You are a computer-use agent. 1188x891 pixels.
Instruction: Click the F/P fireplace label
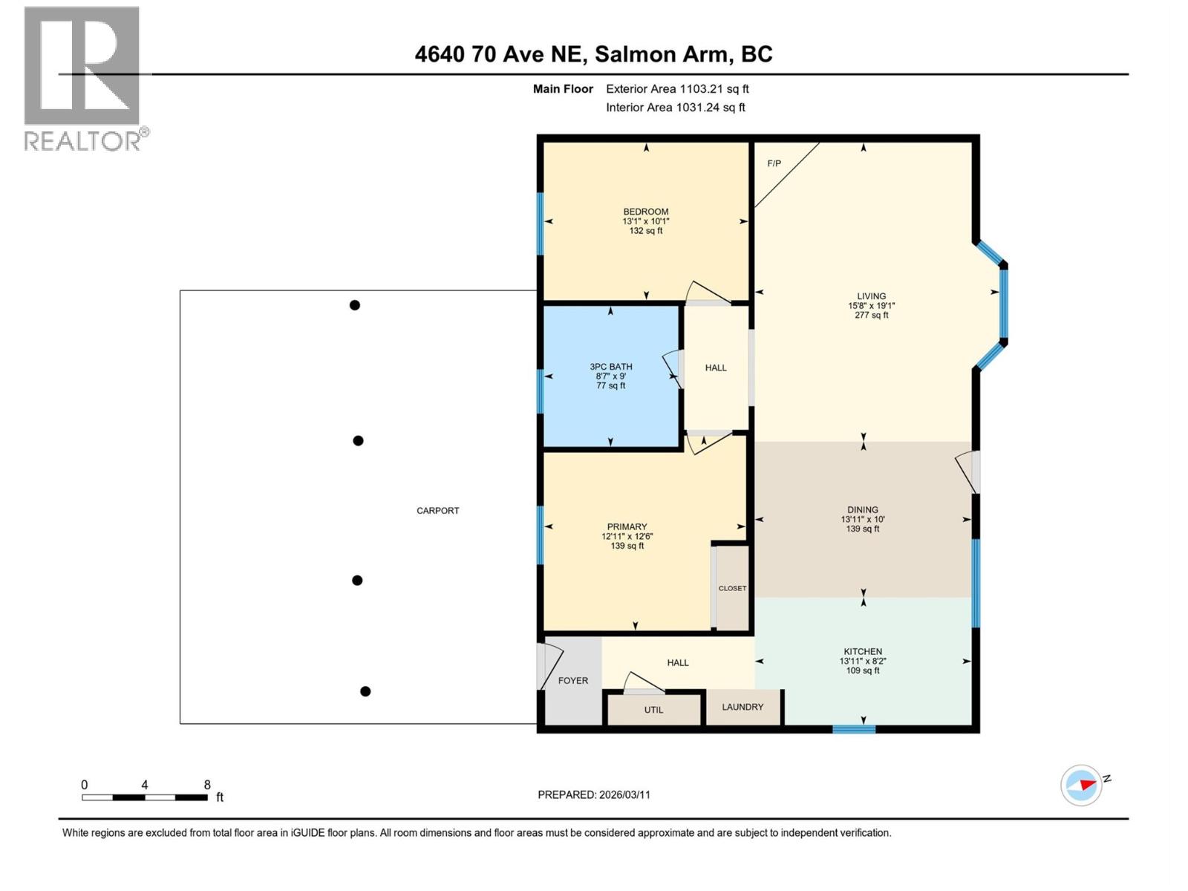(x=774, y=163)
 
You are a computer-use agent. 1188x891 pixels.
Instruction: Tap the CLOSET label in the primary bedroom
(x=732, y=588)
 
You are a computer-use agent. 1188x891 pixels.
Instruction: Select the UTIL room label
(x=653, y=710)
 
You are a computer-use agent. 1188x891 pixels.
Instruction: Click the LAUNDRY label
(x=742, y=707)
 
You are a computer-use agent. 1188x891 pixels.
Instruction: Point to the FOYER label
(x=572, y=680)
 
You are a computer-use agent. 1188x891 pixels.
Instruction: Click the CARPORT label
(x=437, y=511)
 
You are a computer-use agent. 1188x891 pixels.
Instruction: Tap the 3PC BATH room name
(x=611, y=367)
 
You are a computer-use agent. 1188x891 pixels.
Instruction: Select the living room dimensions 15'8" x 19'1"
(x=871, y=306)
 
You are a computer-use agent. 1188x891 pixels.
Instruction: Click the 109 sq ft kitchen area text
(x=863, y=670)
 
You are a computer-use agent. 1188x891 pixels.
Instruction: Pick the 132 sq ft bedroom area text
(x=646, y=231)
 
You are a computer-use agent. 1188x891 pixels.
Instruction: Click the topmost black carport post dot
(x=355, y=305)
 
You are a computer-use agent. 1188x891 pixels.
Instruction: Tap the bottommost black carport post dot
(x=365, y=691)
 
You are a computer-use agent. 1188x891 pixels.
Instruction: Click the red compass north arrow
(x=1086, y=784)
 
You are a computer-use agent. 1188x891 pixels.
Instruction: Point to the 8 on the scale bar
(x=207, y=785)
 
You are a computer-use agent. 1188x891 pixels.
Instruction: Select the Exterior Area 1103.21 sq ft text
(x=677, y=89)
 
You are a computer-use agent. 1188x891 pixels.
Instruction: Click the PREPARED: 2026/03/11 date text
(x=594, y=794)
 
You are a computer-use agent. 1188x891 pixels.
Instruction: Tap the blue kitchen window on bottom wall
(x=854, y=729)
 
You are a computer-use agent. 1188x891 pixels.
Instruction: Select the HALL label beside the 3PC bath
(x=716, y=368)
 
